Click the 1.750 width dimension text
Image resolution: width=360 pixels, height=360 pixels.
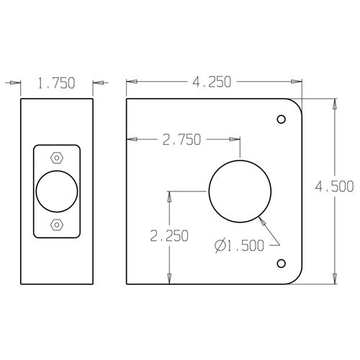[x=56, y=84]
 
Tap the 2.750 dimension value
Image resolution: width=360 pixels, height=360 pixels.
[x=181, y=139]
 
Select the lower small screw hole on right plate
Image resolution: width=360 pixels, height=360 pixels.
[x=282, y=262]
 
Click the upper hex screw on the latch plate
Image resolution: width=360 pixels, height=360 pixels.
[x=56, y=158]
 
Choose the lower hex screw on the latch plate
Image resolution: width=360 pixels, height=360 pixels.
[x=56, y=225]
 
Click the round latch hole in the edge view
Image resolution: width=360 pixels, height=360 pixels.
[x=56, y=192]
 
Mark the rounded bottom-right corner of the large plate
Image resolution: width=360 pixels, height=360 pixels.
[x=297, y=277]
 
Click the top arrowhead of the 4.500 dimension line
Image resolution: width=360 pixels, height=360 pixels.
[x=334, y=104]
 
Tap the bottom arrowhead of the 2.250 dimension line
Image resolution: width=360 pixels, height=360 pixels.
[x=169, y=282]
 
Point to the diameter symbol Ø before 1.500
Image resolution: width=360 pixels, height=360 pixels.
[x=218, y=246]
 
